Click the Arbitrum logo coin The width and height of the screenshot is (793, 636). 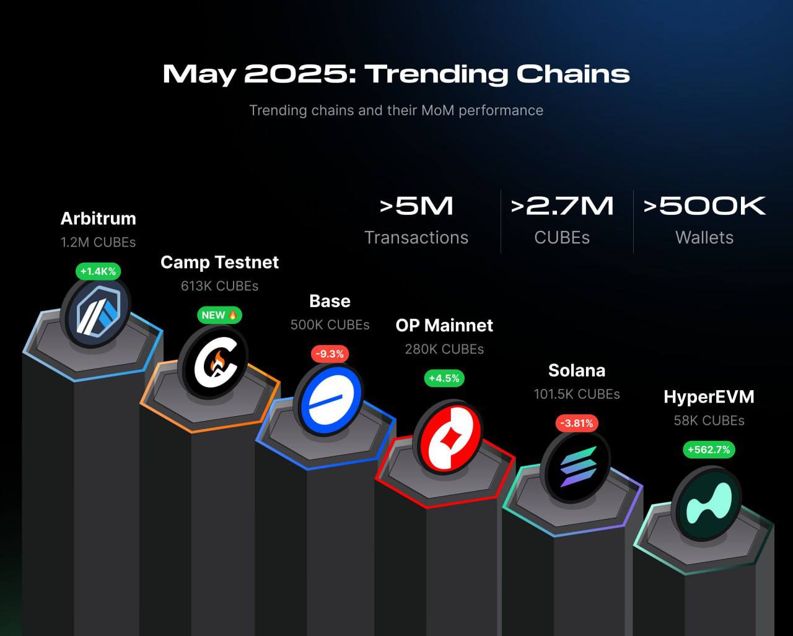97,313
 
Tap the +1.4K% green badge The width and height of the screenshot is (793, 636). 99,272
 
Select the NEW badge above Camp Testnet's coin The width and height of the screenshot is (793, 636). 219,315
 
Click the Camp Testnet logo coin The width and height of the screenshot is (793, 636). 214,362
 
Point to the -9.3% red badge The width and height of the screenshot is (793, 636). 330,354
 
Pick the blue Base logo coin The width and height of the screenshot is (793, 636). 328,400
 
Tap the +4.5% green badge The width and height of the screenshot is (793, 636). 444,378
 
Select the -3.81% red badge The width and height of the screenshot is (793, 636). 577,423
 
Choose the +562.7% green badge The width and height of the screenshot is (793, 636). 709,450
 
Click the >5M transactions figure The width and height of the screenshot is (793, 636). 416,206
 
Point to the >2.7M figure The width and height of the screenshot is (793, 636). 562,206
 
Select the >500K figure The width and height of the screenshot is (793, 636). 704,206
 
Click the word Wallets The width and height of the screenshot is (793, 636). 704,238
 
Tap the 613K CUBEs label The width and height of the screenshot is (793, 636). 219,286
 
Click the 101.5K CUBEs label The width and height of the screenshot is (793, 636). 577,394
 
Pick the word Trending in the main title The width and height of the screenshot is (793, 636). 436,75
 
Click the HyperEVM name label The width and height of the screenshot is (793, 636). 709,397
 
